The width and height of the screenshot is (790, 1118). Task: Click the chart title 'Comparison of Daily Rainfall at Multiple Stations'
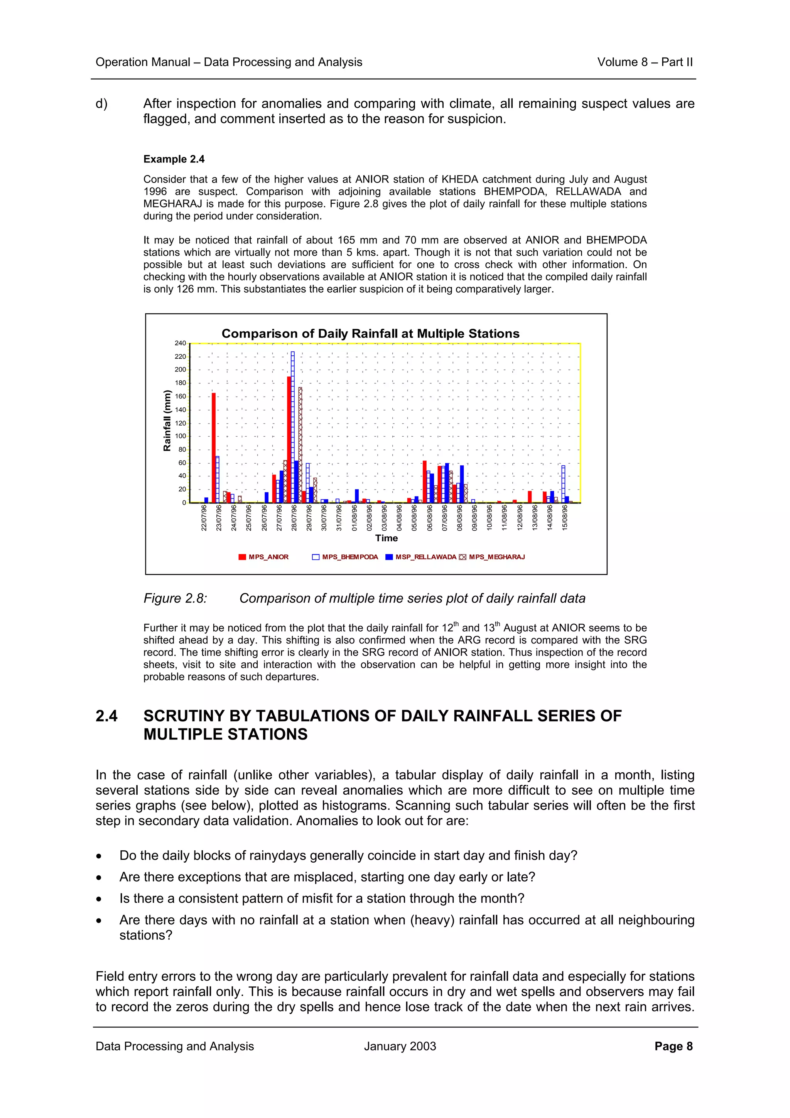point(370,334)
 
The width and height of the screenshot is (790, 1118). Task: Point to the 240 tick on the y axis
point(180,343)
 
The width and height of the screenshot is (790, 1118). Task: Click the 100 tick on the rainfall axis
point(180,436)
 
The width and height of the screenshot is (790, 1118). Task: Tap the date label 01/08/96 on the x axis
point(354,518)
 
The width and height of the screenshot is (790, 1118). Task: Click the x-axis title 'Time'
point(386,538)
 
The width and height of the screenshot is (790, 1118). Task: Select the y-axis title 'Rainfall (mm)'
point(167,421)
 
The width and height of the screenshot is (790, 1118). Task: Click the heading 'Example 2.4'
point(174,159)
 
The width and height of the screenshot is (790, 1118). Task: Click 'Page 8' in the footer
point(673,1046)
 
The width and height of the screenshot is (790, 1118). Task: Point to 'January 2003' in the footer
point(400,1046)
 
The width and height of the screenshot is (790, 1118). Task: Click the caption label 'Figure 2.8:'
point(175,598)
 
